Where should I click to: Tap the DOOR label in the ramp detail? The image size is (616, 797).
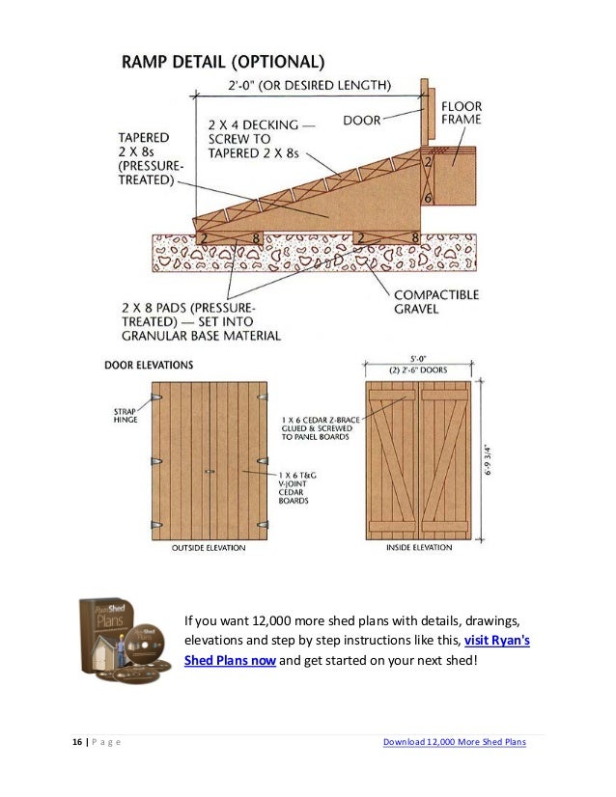click(362, 122)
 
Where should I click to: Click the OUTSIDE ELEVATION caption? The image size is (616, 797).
click(208, 548)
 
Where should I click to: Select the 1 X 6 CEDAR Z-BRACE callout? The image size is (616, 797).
click(320, 428)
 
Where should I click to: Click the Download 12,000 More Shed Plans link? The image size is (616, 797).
click(454, 742)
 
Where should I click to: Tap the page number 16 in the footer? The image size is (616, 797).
click(76, 742)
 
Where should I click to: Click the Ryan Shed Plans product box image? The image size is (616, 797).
click(120, 641)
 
